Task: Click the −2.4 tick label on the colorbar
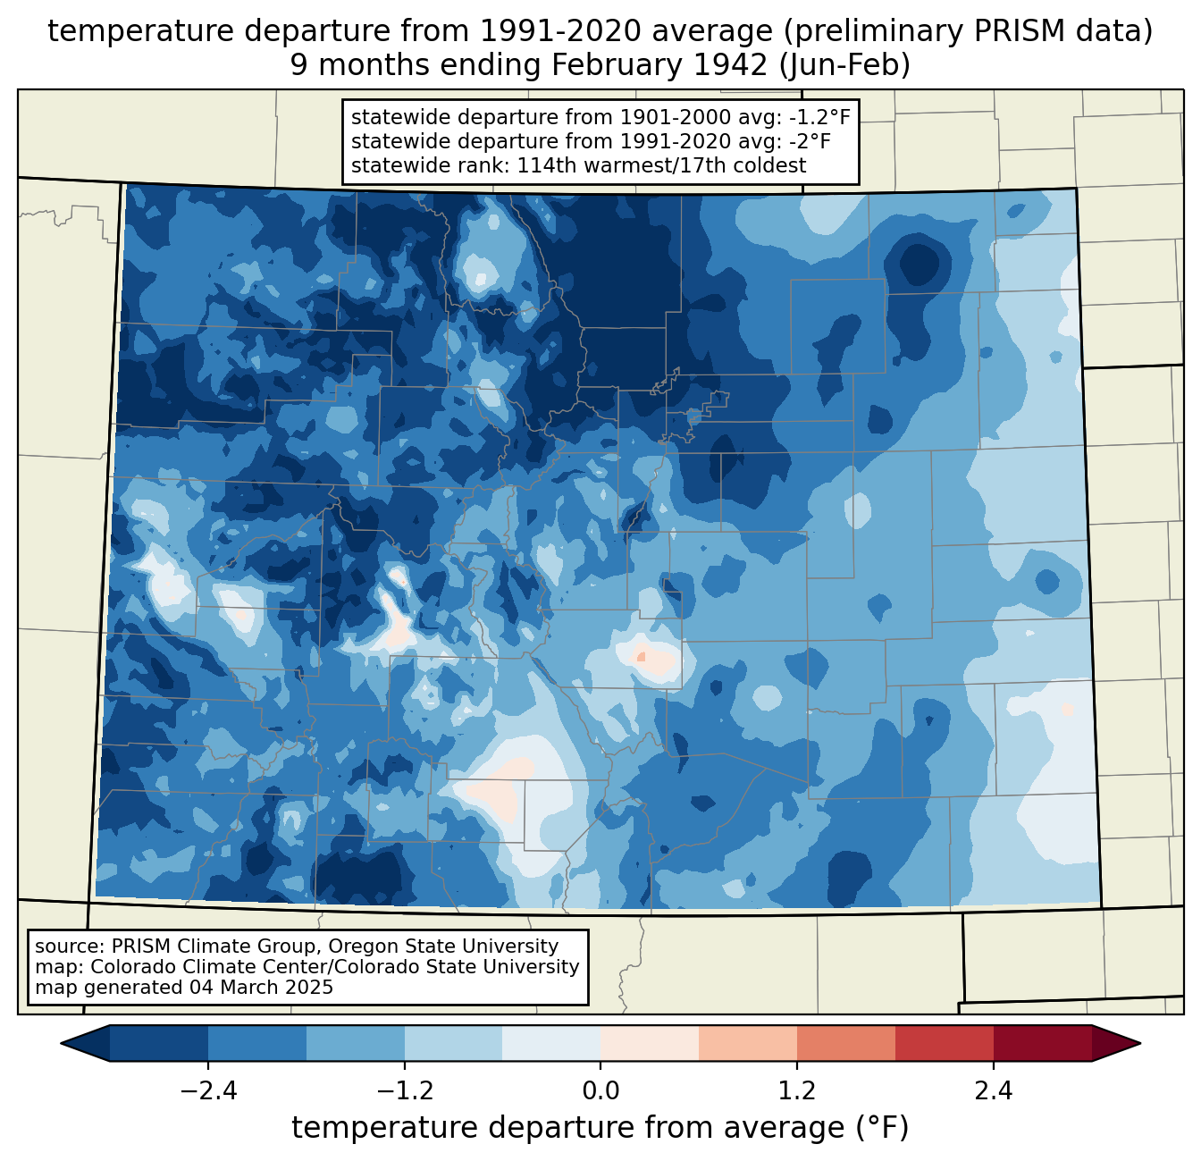click(x=208, y=1091)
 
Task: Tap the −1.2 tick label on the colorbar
click(x=404, y=1091)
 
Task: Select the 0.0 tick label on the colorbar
click(x=600, y=1091)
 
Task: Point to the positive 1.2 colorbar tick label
click(x=797, y=1091)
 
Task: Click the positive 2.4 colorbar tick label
click(x=993, y=1091)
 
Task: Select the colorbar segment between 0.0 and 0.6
click(x=650, y=1043)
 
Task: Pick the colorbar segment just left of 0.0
click(x=551, y=1043)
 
